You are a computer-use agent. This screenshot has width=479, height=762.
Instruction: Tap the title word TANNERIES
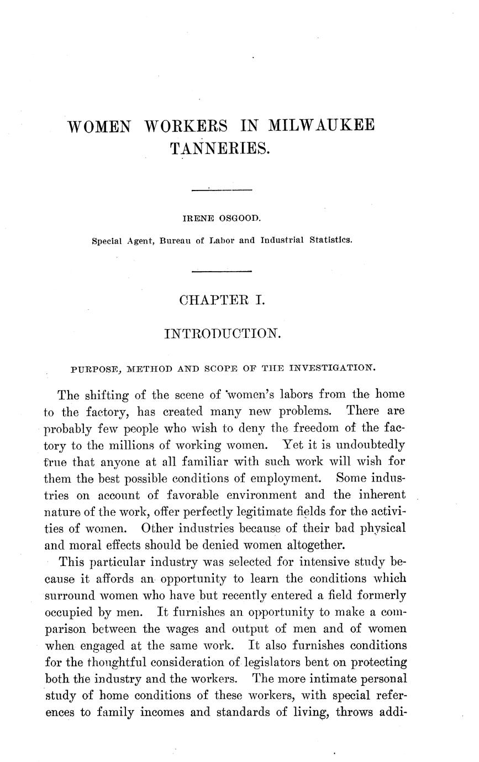[x=220, y=148]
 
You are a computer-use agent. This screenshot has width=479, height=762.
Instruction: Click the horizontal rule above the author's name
[x=221, y=190]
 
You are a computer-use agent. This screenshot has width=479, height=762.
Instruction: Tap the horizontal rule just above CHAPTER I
[x=221, y=271]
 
